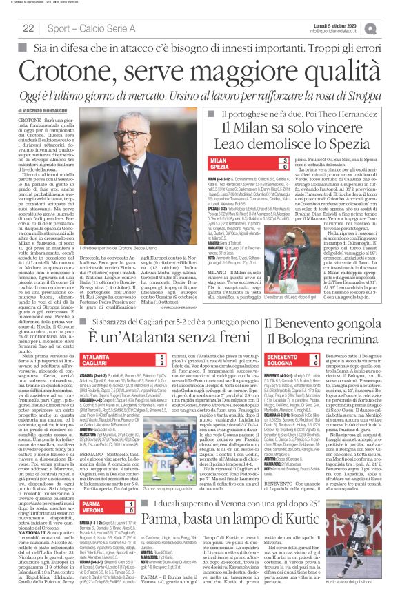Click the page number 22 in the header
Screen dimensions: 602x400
click(28, 28)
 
